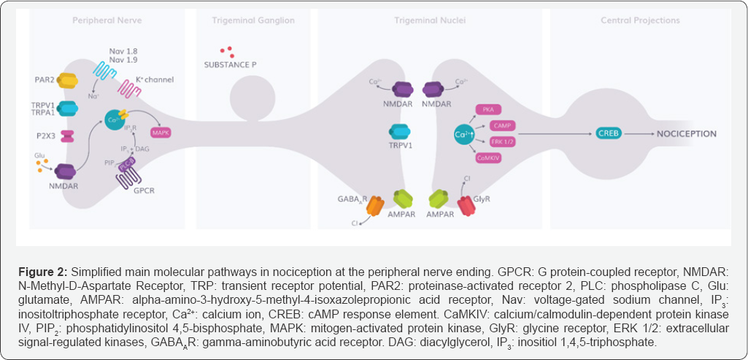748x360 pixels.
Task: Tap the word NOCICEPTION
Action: [686, 134]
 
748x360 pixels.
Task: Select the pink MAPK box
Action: [160, 133]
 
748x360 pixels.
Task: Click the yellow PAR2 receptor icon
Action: [68, 80]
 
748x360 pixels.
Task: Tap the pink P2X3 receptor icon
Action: [68, 137]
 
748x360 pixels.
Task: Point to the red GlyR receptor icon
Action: [466, 205]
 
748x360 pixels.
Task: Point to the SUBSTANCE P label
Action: [230, 66]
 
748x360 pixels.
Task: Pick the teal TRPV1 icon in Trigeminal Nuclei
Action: [401, 131]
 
